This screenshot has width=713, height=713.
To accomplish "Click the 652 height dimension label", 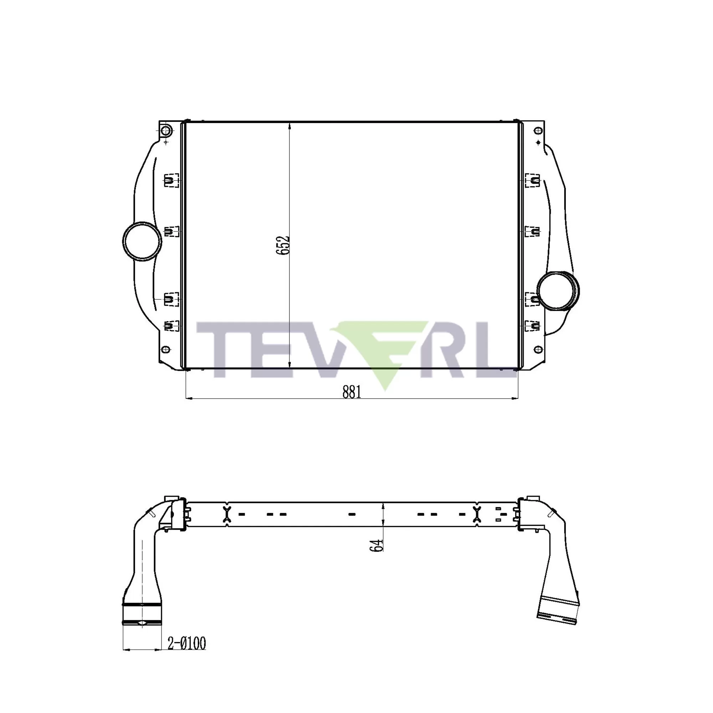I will coord(283,245).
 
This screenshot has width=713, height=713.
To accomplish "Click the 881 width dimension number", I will coord(352,392).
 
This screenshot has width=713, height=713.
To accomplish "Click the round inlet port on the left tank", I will coord(142,241).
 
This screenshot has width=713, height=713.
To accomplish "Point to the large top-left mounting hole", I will coord(166,130).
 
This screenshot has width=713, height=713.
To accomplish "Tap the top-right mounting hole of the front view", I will coord(538,130).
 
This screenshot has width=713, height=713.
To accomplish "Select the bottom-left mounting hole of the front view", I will coord(166,349).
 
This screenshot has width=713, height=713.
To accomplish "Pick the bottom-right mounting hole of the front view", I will coord(538,349).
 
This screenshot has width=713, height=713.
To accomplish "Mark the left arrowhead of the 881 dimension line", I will coord(188,399).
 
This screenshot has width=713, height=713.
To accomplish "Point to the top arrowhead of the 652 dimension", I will coord(289,125).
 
